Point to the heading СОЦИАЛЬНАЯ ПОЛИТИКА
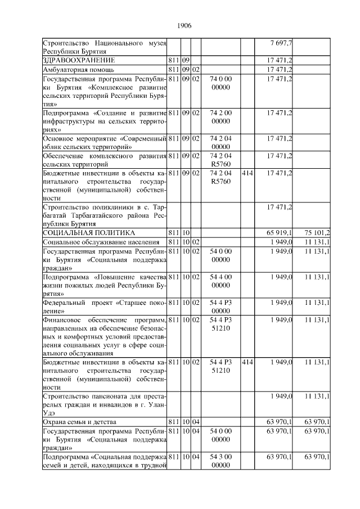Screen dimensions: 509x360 tap(89, 232)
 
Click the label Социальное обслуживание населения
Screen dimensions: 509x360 tap(97, 242)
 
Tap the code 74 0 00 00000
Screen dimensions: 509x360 tap(220, 83)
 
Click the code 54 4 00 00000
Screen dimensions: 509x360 tap(220, 281)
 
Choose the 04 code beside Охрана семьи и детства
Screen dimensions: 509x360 tap(196, 422)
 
